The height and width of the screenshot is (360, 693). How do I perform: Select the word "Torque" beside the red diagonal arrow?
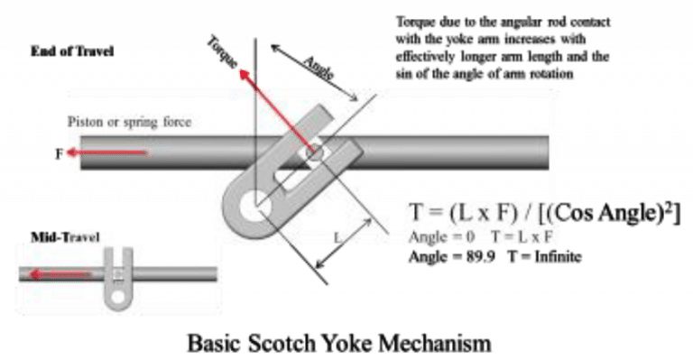coord(222,54)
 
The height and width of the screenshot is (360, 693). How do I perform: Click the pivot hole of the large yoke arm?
coord(253,202)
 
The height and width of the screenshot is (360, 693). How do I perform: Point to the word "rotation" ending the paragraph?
coord(553,72)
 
